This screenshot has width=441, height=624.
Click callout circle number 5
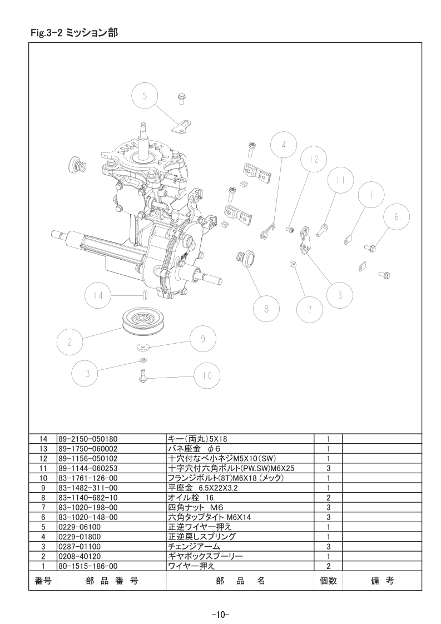point(145,96)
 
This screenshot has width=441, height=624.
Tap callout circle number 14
point(98,296)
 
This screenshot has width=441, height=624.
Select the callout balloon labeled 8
point(266,308)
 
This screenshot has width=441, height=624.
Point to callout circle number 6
point(397,217)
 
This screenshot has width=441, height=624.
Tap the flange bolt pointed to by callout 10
point(143,377)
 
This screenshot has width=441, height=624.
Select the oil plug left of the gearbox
point(77,165)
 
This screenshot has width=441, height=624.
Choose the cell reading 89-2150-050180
point(88,439)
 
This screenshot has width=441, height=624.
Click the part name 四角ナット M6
point(196,507)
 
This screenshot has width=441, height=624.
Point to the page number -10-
point(220,615)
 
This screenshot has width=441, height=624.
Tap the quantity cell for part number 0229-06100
point(328,527)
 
